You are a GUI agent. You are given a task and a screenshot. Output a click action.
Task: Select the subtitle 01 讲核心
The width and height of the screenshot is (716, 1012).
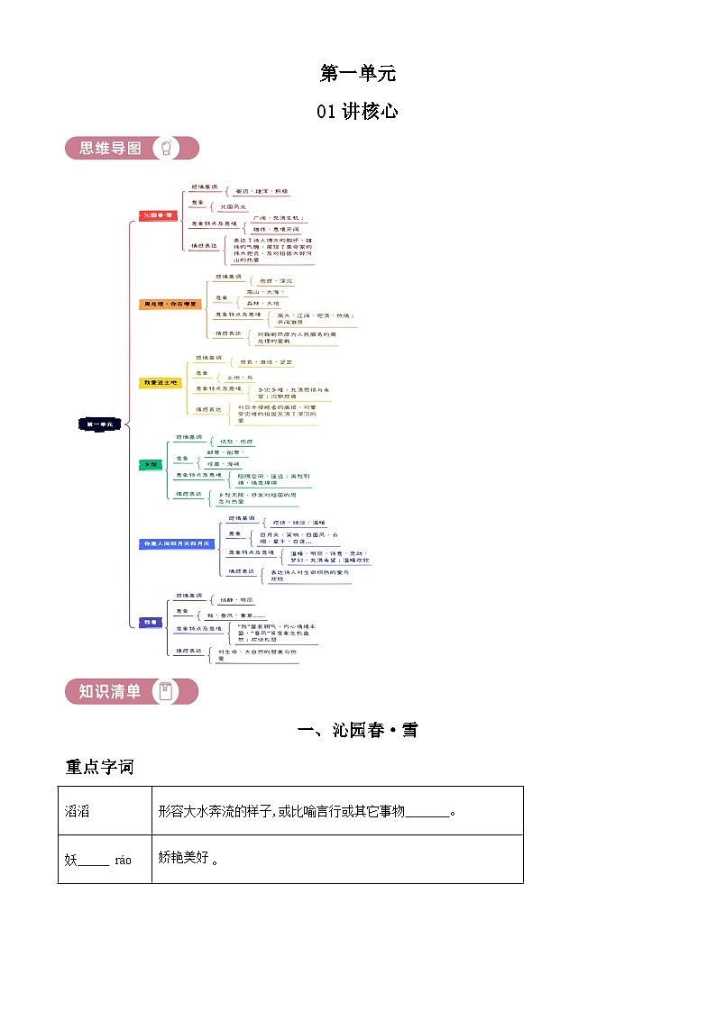click(x=357, y=112)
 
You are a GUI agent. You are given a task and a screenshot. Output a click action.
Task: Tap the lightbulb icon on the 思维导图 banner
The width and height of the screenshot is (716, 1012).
click(x=167, y=148)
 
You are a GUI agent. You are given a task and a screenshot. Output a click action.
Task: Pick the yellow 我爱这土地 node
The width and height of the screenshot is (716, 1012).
click(x=161, y=383)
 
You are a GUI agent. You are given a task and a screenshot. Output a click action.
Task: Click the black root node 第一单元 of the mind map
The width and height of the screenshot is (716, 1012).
click(x=98, y=423)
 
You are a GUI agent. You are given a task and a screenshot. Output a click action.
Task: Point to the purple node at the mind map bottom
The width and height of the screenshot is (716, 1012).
click(x=150, y=622)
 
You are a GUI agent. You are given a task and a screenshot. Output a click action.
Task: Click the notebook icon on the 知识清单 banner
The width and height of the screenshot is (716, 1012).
click(x=165, y=691)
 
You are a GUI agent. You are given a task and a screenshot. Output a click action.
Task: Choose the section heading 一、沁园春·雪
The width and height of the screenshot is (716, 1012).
click(x=357, y=730)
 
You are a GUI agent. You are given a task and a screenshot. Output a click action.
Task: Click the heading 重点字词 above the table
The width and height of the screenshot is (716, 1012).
click(x=99, y=767)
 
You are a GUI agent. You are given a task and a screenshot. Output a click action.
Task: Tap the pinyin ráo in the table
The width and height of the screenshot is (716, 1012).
click(x=123, y=860)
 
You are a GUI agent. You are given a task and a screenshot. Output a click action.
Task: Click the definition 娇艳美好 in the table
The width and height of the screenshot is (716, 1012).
click(x=185, y=859)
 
